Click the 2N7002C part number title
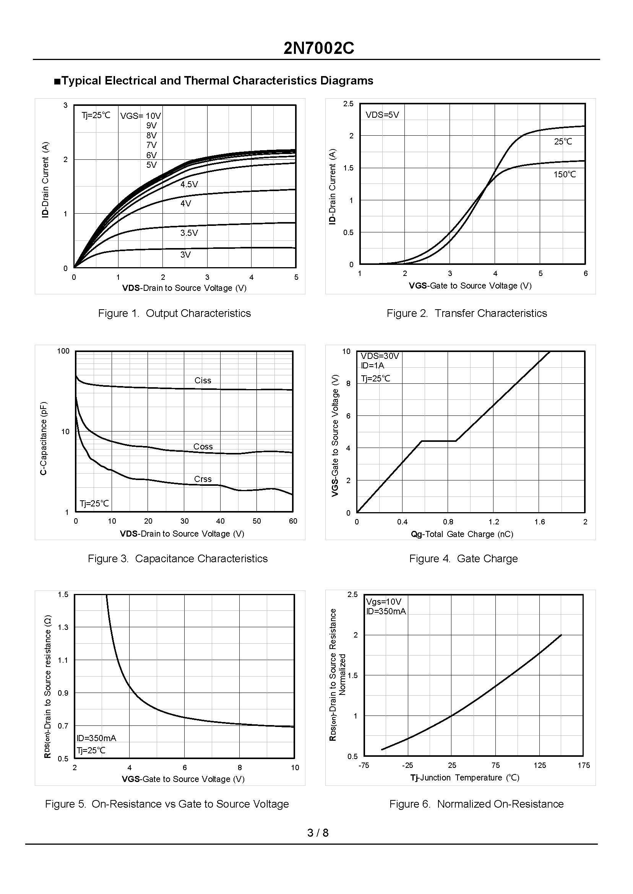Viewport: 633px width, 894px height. (x=318, y=48)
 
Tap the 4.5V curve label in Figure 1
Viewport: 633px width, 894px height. (x=189, y=184)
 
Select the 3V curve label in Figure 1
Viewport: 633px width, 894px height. (x=185, y=255)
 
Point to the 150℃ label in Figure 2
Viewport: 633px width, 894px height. (x=565, y=175)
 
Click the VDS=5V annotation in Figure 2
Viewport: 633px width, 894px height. (x=382, y=115)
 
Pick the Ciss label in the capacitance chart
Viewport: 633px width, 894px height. (x=203, y=380)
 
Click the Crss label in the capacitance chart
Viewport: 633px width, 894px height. (x=203, y=479)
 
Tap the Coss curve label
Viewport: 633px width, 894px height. (x=203, y=446)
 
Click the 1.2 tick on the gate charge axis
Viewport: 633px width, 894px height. (x=494, y=522)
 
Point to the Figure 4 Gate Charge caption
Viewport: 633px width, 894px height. (x=463, y=558)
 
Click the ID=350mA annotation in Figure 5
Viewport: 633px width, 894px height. (x=96, y=738)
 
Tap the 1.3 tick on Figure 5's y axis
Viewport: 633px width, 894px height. (x=63, y=627)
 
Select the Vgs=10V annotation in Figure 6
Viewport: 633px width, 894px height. (x=383, y=602)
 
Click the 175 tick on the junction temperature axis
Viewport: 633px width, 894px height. (x=583, y=766)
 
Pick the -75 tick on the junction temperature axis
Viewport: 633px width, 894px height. (x=364, y=766)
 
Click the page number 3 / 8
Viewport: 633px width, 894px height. (x=318, y=833)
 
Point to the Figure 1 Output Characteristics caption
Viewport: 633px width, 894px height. (x=174, y=313)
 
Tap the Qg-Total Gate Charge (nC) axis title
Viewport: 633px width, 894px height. (x=462, y=534)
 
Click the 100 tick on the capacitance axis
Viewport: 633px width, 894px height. (x=63, y=351)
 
